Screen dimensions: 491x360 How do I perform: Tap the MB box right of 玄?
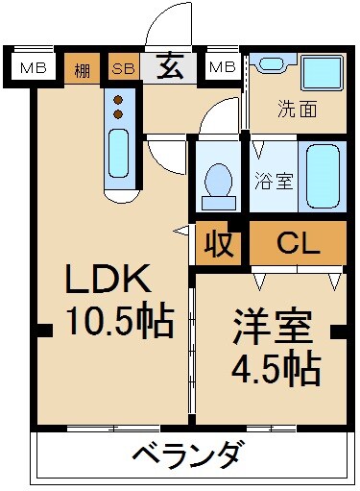pos(222,67)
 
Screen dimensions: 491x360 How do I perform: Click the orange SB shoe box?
pos(123,68)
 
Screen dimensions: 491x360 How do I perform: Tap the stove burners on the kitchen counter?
pos(118,107)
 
